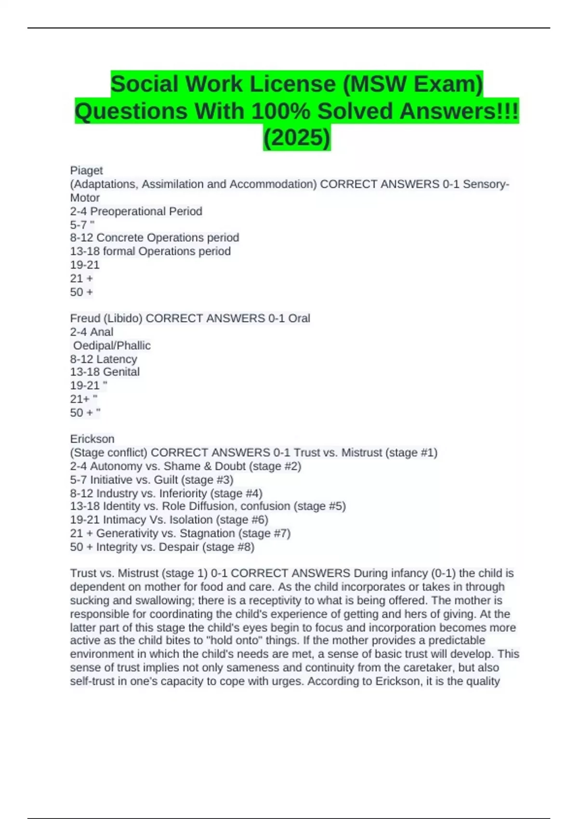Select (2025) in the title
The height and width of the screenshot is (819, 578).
coord(297,138)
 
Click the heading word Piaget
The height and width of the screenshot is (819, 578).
coord(86,171)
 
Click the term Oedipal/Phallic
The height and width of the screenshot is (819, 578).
coord(112,345)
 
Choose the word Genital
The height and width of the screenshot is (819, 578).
coord(121,372)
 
